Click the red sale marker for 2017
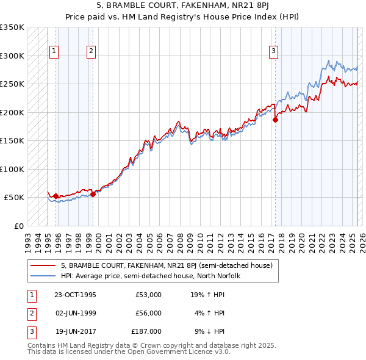point(275,120)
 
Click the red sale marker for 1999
point(93,194)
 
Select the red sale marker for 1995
point(56,196)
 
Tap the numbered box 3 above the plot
point(274,51)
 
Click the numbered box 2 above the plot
point(91,51)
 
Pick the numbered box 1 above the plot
point(54,51)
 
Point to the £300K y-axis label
point(12,56)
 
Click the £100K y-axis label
point(12,169)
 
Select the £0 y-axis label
point(18,226)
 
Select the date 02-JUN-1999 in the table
point(75,313)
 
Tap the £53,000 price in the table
point(148,295)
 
